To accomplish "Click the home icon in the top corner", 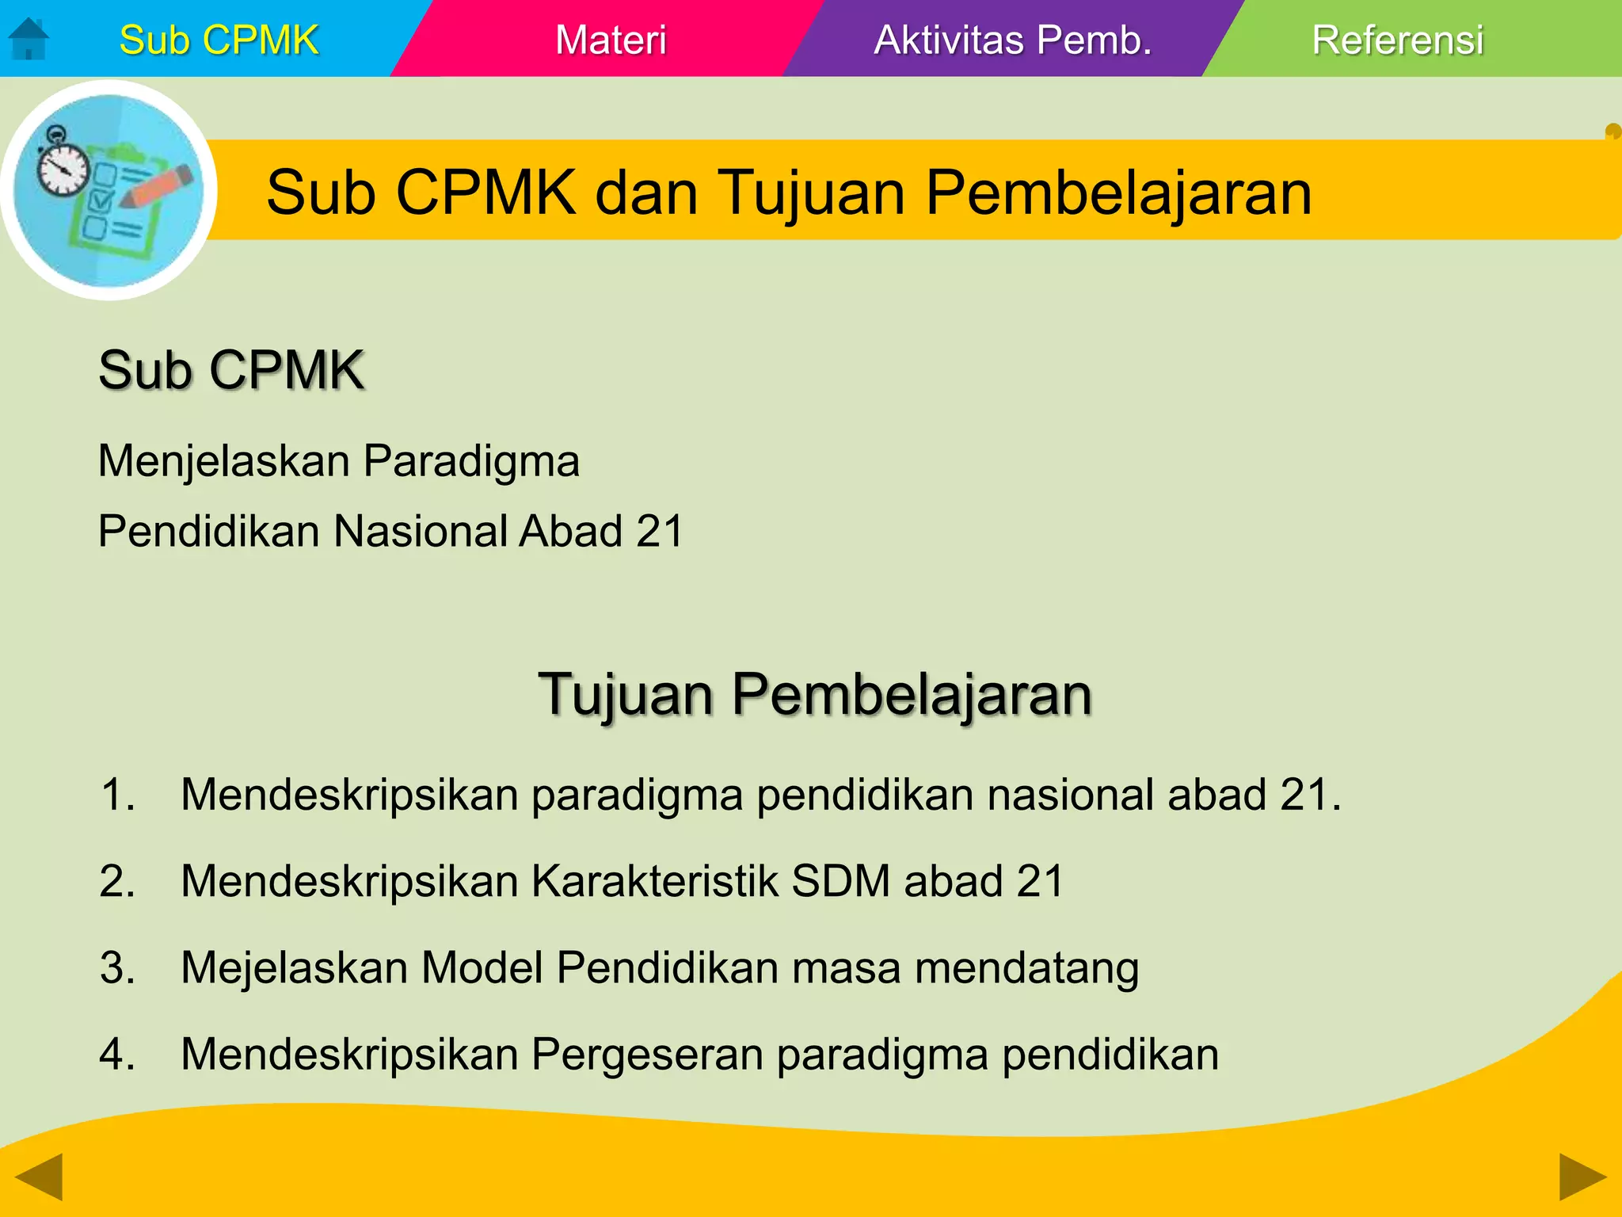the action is (x=29, y=39).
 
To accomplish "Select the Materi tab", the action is (x=611, y=40).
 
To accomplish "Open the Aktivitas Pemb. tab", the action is (x=1012, y=40).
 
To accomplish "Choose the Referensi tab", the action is (x=1397, y=40).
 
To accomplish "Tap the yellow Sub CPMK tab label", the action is (x=219, y=40).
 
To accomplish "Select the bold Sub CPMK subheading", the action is (x=230, y=370).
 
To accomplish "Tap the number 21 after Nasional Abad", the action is (x=659, y=531).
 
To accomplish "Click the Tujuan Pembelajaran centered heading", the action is (x=815, y=694).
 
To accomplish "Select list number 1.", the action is (x=117, y=795).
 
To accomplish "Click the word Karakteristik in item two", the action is (x=654, y=881).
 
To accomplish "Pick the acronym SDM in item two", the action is (x=840, y=881).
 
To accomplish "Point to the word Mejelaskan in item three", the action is (x=294, y=968).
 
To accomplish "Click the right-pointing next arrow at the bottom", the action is (x=1582, y=1176).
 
